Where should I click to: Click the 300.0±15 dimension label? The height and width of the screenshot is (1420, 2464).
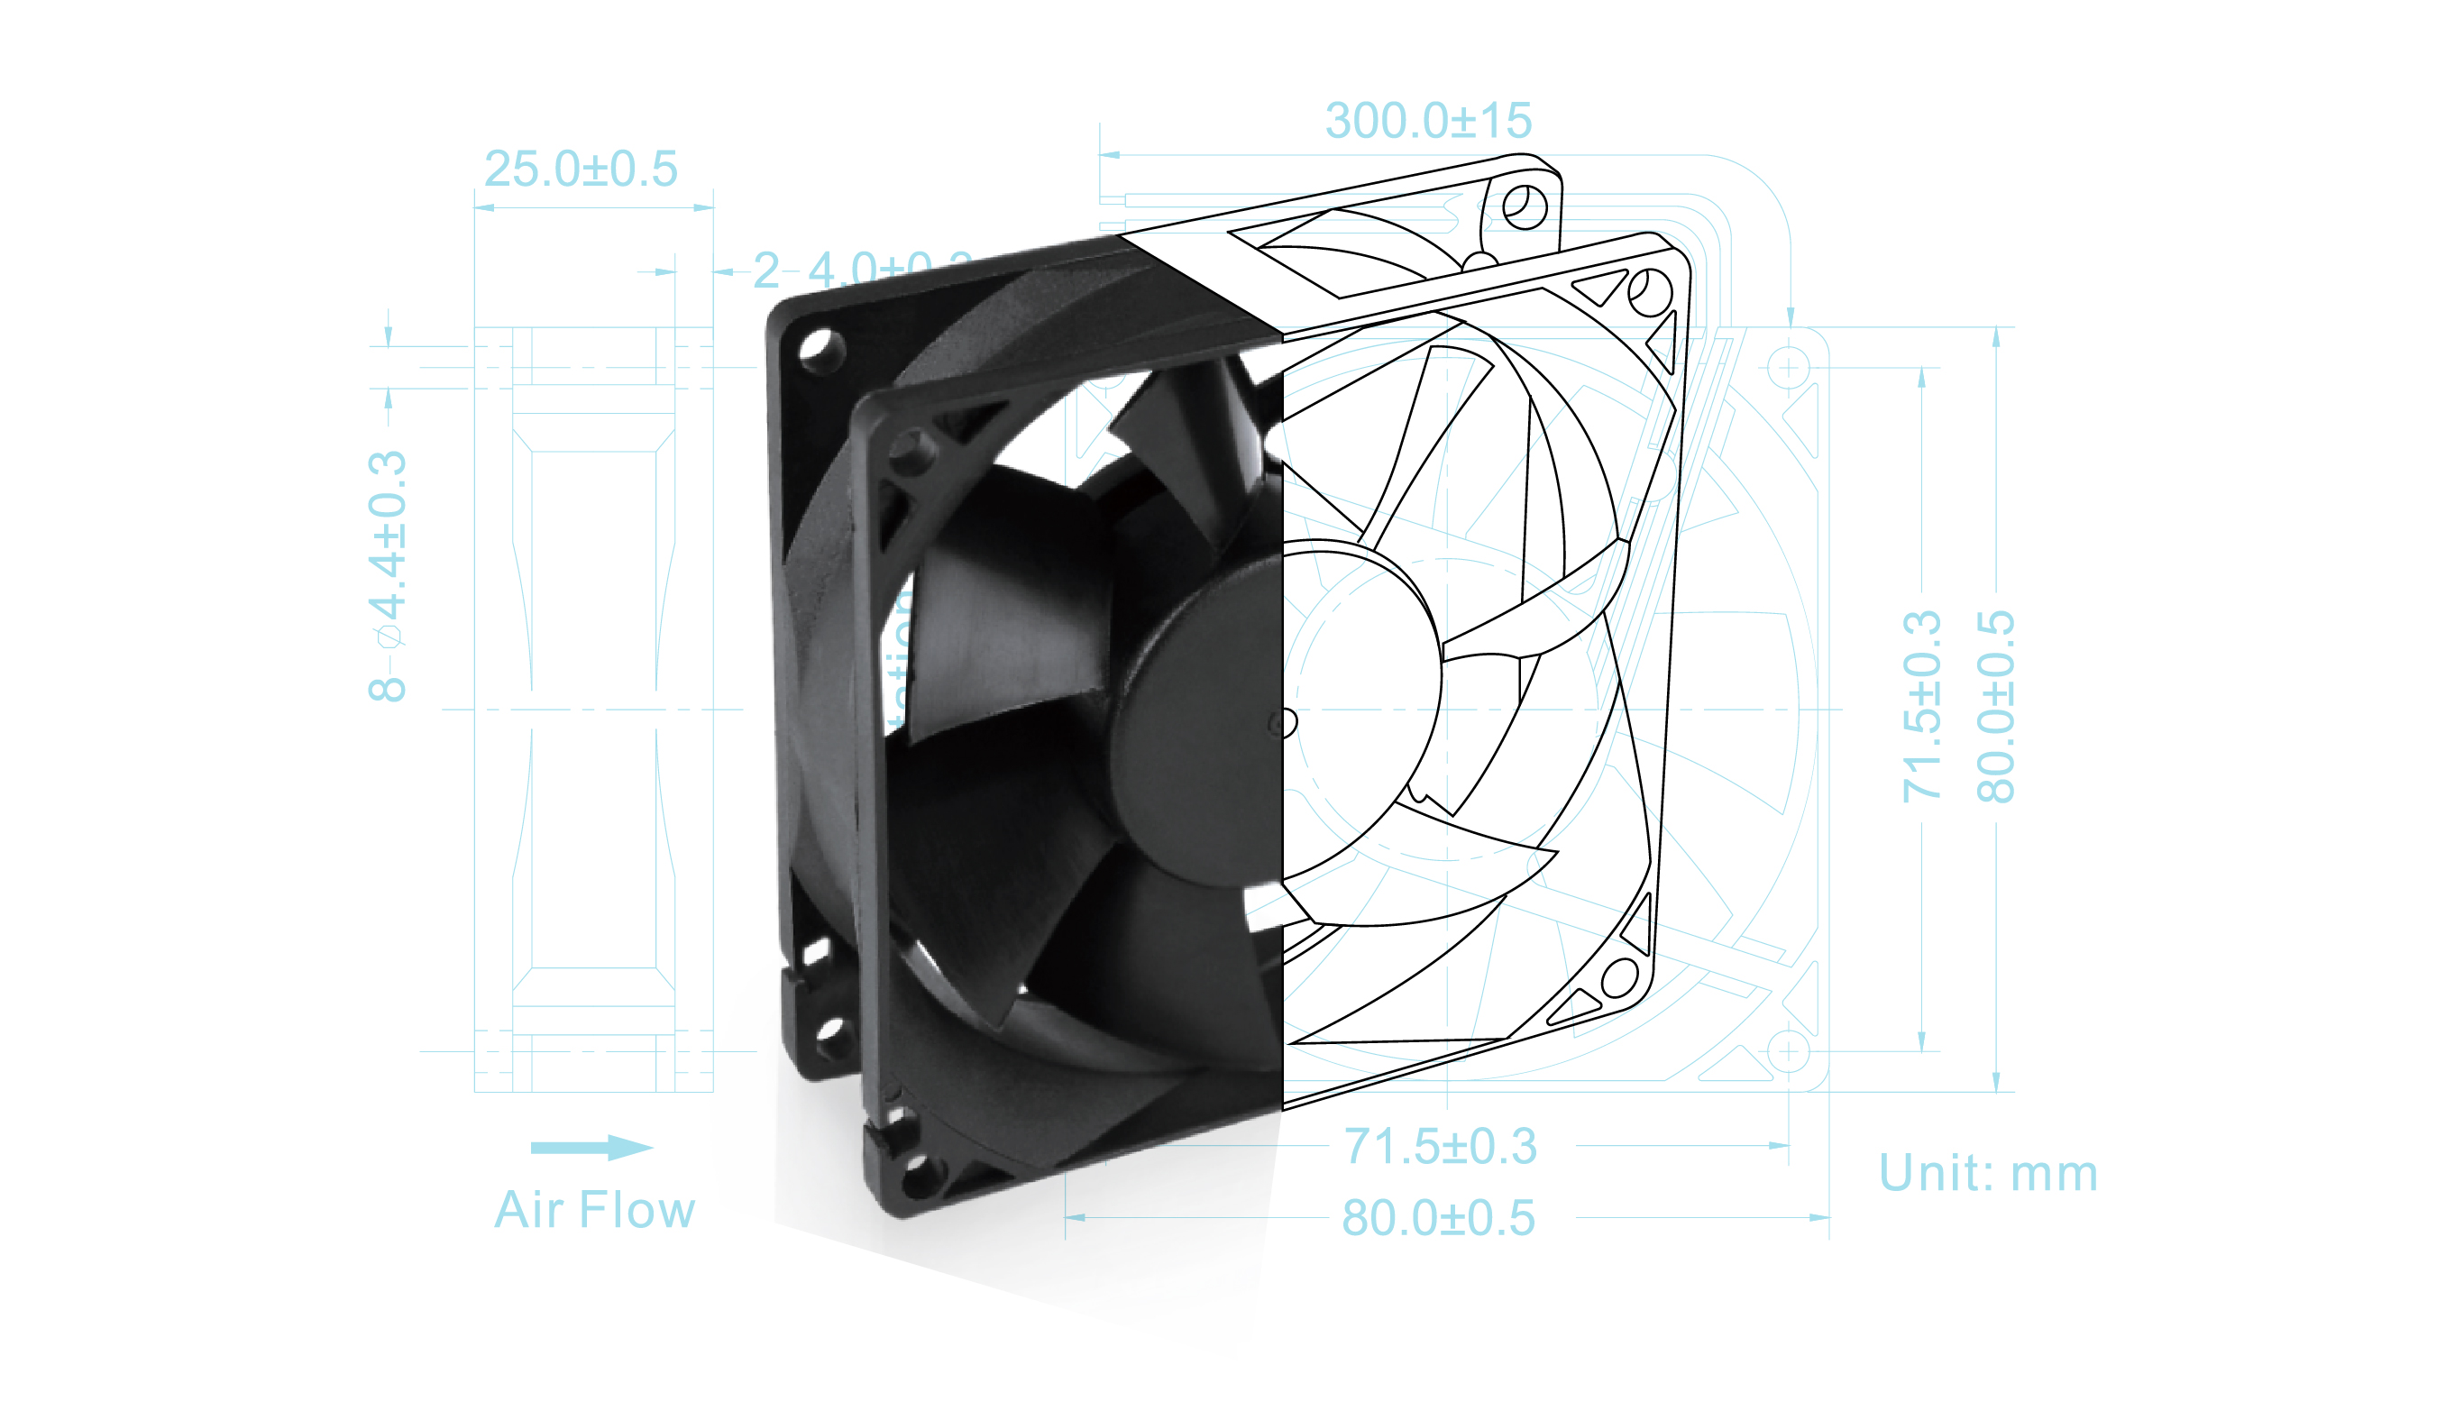coord(1427,121)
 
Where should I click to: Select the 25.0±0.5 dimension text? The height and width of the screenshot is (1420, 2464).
coord(581,169)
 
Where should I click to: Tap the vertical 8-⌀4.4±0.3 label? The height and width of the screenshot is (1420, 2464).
coord(387,574)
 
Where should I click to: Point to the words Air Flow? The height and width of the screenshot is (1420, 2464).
coord(594,1210)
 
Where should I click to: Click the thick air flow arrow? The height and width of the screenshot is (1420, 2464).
coord(591,1147)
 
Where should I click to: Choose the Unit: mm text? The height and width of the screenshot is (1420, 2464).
coord(1987,1173)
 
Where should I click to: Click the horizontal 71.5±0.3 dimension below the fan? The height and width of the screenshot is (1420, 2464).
coord(1440,1146)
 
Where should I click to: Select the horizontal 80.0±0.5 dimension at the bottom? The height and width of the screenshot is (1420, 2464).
coord(1438,1218)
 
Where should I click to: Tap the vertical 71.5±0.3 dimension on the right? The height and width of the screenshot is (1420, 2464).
coord(1922,706)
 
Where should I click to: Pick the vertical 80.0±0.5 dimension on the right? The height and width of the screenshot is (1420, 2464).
coord(1995,706)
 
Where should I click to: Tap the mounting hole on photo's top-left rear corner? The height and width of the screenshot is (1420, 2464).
coord(820,348)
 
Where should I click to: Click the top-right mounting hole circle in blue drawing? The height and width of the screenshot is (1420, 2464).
coord(1789,368)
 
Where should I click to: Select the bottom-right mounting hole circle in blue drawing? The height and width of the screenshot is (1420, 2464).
coord(1789,1051)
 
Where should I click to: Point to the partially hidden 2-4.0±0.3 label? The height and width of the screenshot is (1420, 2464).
coord(862,270)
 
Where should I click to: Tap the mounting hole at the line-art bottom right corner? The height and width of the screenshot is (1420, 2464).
coord(1619,977)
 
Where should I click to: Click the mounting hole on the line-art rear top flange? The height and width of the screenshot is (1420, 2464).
coord(1524,206)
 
